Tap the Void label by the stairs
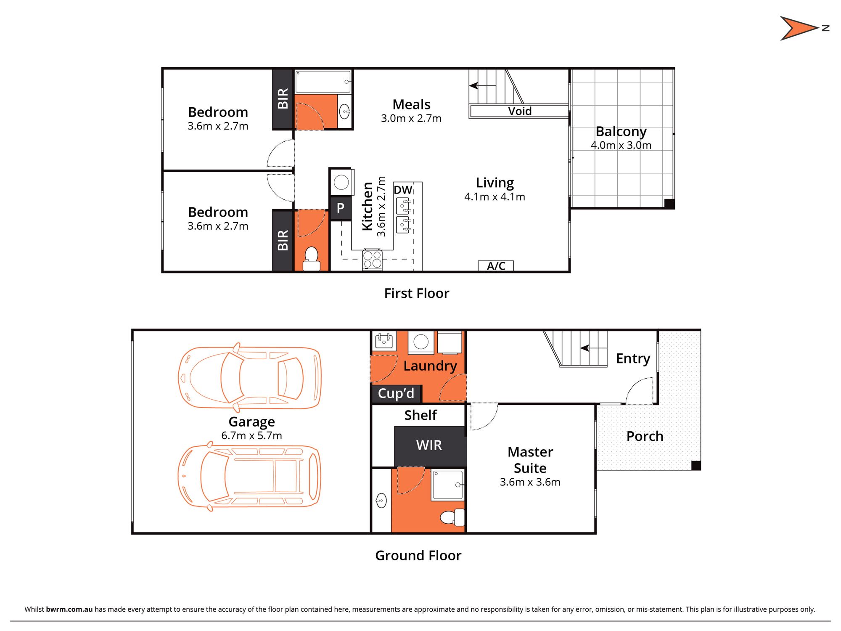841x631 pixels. point(520,111)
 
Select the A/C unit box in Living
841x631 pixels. point(496,266)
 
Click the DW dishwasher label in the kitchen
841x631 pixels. point(403,190)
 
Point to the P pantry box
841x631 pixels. point(341,208)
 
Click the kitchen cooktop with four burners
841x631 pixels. point(372,259)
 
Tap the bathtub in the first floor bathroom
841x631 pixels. point(323,82)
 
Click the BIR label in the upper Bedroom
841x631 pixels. point(283,99)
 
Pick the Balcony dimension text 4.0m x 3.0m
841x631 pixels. point(621,146)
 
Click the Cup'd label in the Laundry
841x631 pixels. point(396,393)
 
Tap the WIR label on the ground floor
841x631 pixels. point(429,445)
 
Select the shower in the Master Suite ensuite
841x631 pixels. point(447,485)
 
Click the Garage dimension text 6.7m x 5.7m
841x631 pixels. point(251,436)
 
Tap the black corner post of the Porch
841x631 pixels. point(696,465)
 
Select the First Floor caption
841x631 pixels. point(416,293)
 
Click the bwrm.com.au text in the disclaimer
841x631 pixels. point(69,609)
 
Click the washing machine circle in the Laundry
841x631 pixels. point(421,341)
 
